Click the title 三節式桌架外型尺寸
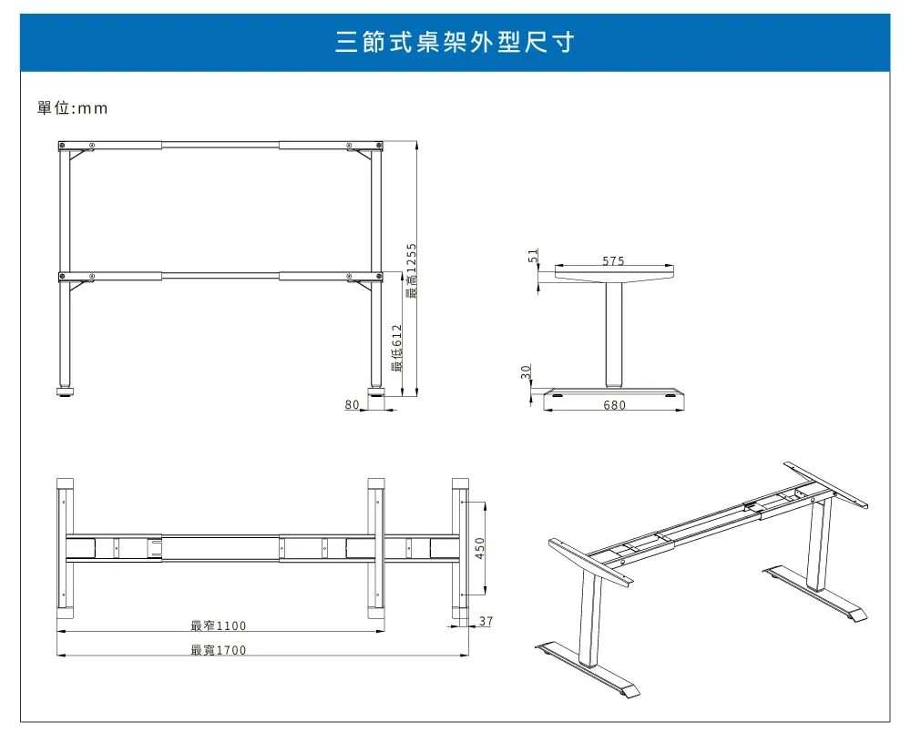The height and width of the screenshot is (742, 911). click(x=455, y=42)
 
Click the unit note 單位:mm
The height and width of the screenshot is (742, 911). click(x=72, y=108)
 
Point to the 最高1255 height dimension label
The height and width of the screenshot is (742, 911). click(x=412, y=271)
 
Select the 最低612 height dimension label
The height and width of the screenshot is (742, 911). click(x=397, y=348)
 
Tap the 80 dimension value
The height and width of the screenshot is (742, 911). click(x=352, y=404)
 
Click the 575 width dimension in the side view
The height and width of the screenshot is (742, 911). click(x=613, y=260)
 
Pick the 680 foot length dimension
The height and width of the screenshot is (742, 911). click(x=614, y=404)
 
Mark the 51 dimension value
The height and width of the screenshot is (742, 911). click(x=533, y=256)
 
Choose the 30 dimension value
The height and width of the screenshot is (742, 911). click(x=526, y=371)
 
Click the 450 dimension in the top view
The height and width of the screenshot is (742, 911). click(x=480, y=548)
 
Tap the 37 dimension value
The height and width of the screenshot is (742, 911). click(x=486, y=621)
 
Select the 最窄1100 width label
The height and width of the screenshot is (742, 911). click(x=219, y=625)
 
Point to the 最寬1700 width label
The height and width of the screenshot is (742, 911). click(x=219, y=650)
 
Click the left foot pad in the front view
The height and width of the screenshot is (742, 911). click(x=65, y=391)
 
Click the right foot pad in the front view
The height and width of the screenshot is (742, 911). click(x=376, y=391)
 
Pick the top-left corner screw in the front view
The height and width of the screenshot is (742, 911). click(x=62, y=145)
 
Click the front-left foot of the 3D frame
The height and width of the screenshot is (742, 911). click(x=587, y=669)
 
